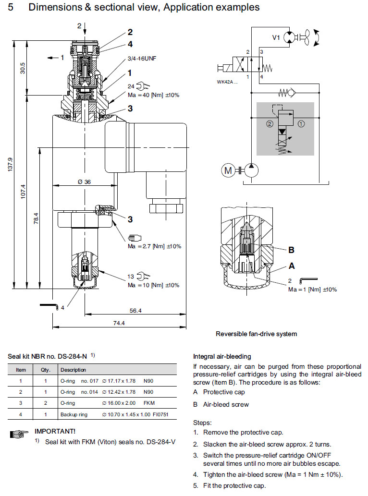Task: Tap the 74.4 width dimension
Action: (119, 323)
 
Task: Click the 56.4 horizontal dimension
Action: (136, 311)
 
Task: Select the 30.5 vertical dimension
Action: (23, 67)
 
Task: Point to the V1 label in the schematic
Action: (276, 36)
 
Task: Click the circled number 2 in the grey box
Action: (270, 123)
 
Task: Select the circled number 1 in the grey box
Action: (301, 123)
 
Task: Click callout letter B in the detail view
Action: (291, 250)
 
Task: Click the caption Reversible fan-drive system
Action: (256, 334)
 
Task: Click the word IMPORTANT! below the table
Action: (55, 431)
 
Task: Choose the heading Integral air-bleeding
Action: (221, 356)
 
